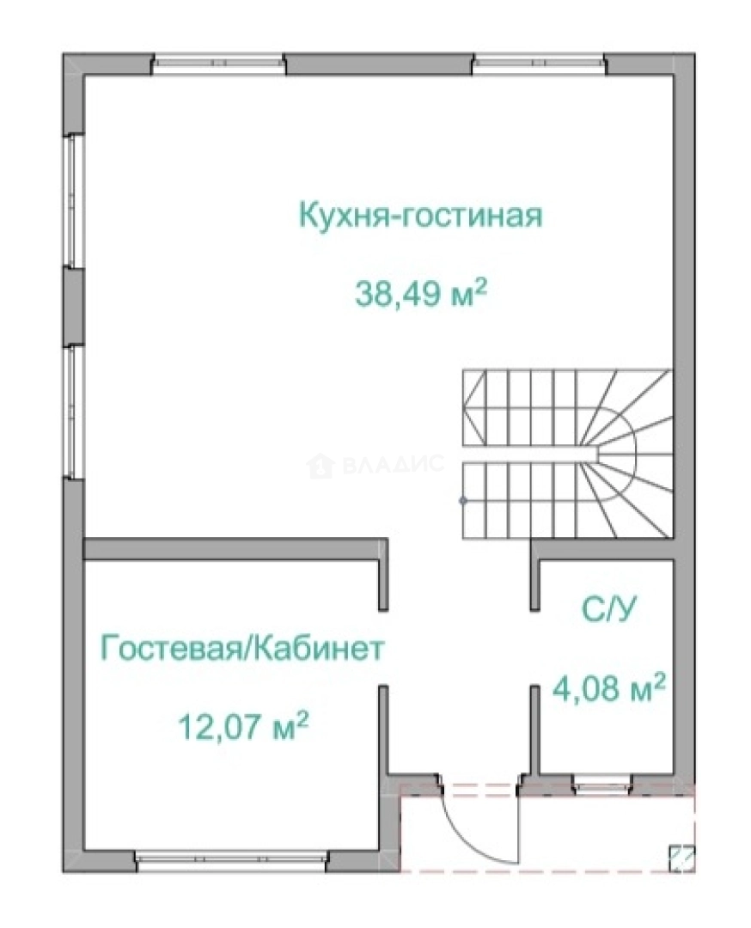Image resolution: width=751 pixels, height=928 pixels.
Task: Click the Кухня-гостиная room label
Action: coord(420,216)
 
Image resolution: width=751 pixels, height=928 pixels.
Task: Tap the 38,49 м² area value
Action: coord(420,295)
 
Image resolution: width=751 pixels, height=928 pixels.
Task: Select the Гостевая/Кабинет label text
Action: coord(241,647)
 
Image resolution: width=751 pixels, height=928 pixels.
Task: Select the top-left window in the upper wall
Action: coord(218,64)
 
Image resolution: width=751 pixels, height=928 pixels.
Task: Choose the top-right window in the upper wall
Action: coord(539,64)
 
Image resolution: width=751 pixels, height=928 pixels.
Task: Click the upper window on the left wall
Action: coord(75,201)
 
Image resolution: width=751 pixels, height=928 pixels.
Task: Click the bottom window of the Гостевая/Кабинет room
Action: coord(230,859)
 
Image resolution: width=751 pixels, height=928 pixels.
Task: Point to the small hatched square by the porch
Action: coord(681,857)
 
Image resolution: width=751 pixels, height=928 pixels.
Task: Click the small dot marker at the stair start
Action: coord(463,499)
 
